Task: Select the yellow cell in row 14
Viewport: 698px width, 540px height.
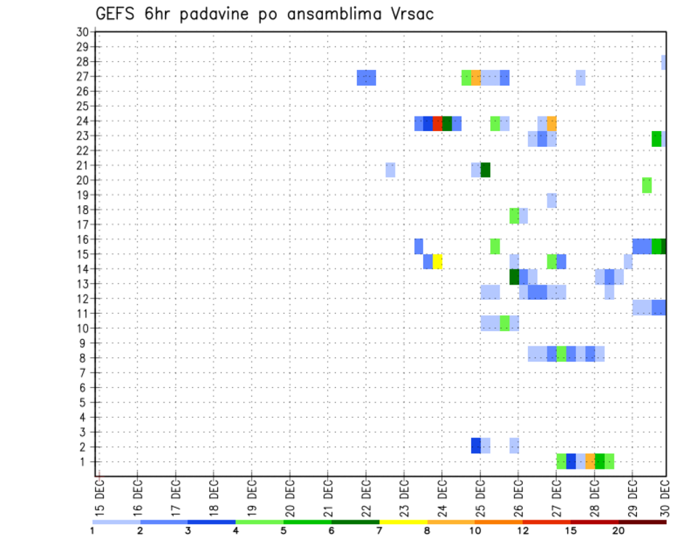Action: click(438, 261)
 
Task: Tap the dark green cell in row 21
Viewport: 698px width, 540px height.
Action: click(485, 170)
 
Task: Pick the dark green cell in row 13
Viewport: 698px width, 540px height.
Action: click(514, 277)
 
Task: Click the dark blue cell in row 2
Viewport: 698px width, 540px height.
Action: click(476, 445)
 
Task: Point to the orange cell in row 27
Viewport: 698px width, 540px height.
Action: click(476, 78)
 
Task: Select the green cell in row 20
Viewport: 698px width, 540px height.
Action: click(646, 185)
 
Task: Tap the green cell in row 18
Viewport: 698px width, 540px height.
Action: click(514, 215)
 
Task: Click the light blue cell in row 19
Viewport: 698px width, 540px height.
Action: click(552, 200)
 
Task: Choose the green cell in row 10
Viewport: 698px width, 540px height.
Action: click(505, 323)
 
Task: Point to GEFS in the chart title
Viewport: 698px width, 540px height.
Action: click(117, 14)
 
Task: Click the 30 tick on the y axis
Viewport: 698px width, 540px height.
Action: click(82, 31)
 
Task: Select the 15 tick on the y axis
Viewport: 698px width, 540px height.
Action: click(82, 254)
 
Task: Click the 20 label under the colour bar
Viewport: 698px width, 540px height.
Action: click(619, 531)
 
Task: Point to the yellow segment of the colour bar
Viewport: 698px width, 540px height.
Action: click(403, 522)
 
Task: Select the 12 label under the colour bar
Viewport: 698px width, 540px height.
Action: click(523, 531)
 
